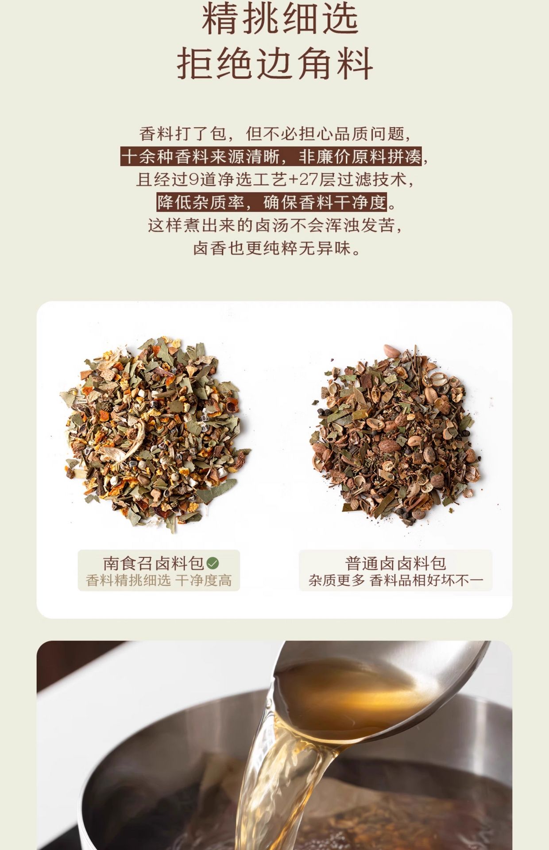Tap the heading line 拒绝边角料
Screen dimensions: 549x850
pyautogui.click(x=275, y=64)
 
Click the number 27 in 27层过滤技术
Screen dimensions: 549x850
pyautogui.click(x=309, y=180)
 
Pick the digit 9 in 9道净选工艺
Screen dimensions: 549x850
pyautogui.click(x=193, y=180)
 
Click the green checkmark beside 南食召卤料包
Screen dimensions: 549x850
pyautogui.click(x=213, y=563)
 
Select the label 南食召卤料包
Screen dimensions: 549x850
pyautogui.click(x=154, y=563)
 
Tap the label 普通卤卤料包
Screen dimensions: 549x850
pyautogui.click(x=395, y=563)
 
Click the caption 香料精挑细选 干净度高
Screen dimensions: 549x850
pyautogui.click(x=159, y=580)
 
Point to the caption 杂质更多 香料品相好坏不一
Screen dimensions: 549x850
pyautogui.click(x=396, y=580)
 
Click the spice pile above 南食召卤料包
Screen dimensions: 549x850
pyautogui.click(x=155, y=434)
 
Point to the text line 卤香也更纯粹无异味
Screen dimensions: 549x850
pyautogui.click(x=277, y=248)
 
